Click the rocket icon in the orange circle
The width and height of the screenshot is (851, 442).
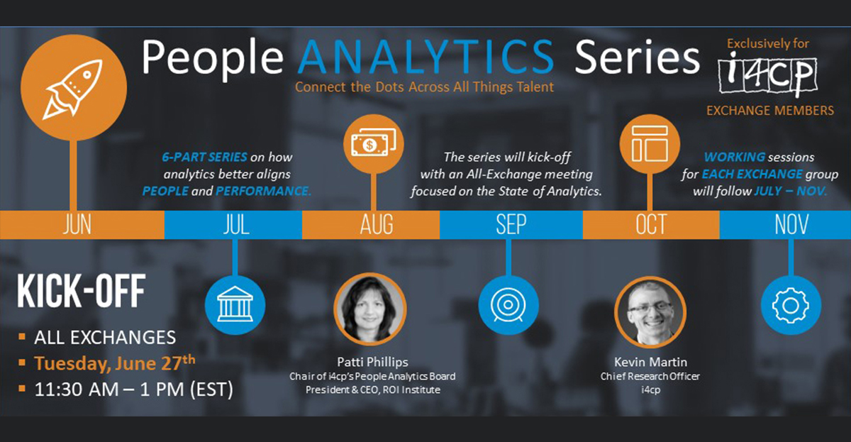pos(72,89)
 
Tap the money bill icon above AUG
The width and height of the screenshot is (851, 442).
pos(374,143)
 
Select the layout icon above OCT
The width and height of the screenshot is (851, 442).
pos(650,143)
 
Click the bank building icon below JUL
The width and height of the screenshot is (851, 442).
pos(235,304)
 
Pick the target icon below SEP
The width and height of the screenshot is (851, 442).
pos(508,304)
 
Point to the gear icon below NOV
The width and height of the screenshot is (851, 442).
pos(791,306)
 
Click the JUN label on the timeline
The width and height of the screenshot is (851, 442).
pos(77,225)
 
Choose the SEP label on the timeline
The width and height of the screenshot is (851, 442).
pos(511,225)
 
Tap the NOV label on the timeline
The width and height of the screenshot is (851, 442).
pos(791,225)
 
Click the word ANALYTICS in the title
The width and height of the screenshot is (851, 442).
pos(426,57)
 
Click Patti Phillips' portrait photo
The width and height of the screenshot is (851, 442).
pos(370,309)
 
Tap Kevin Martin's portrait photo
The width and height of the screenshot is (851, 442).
pos(650,311)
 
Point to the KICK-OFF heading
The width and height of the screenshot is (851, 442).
pos(82,291)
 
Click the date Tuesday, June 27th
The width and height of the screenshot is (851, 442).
pos(115,363)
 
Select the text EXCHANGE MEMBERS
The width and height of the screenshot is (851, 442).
pos(770,111)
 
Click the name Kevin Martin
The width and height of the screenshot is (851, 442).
pos(650,362)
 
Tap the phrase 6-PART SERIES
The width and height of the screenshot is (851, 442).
pos(204,157)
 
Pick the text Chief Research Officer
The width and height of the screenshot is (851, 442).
pos(650,376)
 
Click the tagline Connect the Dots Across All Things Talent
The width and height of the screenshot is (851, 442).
pos(424,87)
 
